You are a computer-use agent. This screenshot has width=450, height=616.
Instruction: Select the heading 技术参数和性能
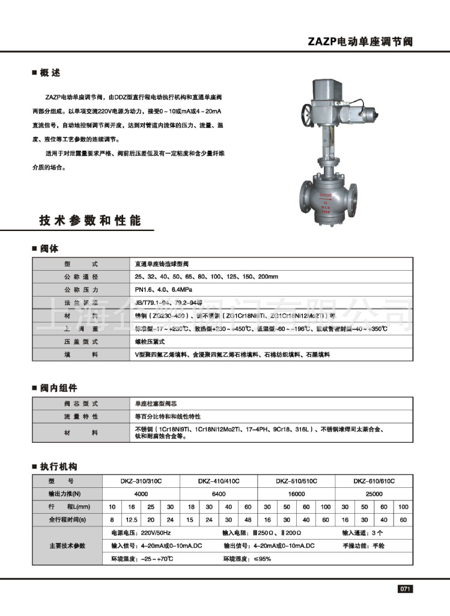click(90, 221)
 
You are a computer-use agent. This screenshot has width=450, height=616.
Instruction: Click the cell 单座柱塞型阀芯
click(157, 403)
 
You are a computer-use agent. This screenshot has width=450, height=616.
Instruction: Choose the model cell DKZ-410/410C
click(219, 481)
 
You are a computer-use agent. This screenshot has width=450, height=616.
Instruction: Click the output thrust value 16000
click(296, 493)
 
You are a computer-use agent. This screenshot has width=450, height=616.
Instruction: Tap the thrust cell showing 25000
click(374, 493)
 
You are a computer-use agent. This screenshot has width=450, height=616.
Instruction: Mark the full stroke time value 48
click(248, 519)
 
